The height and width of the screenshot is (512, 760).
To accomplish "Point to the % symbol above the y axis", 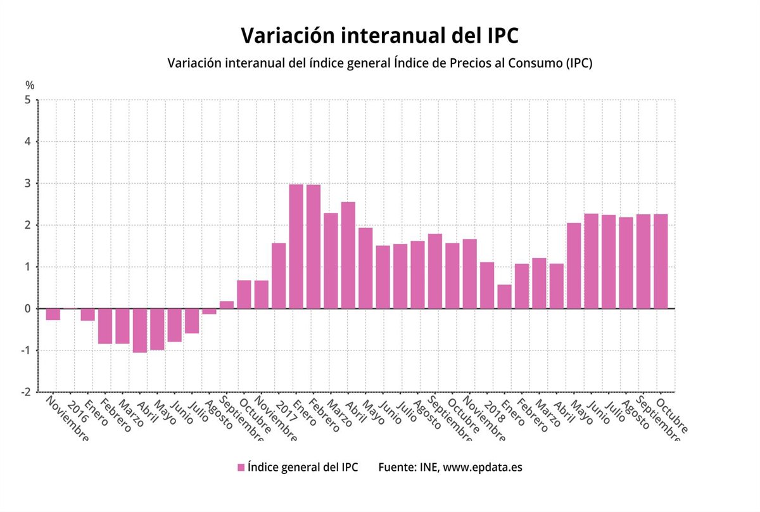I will click(x=29, y=85).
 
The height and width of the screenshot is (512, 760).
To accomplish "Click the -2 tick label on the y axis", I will click(x=26, y=392).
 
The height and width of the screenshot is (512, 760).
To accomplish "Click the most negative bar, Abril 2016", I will click(x=140, y=330).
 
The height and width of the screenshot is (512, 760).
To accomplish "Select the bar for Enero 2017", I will click(x=296, y=246).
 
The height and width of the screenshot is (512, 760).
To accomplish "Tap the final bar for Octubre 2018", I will click(x=661, y=261).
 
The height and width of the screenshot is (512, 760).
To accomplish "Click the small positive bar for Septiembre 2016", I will click(x=227, y=305).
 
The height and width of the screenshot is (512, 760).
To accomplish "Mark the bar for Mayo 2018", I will click(x=574, y=266).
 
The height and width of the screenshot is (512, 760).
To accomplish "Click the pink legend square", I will click(x=241, y=468).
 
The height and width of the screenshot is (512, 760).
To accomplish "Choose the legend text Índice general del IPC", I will click(x=303, y=468).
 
